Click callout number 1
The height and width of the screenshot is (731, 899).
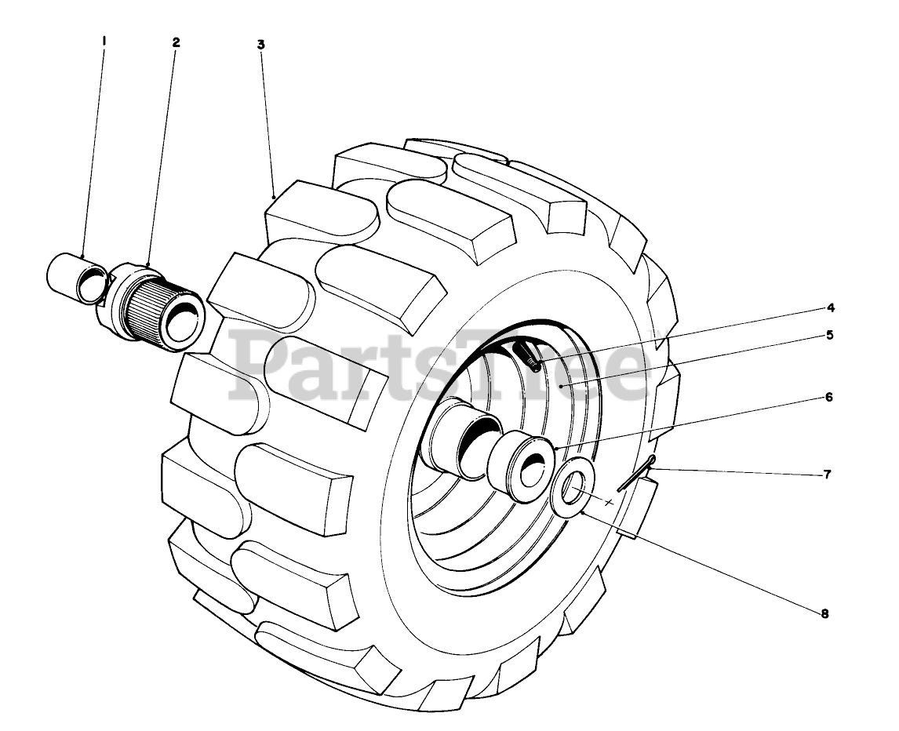tap(104, 37)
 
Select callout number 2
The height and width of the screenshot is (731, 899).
tap(176, 42)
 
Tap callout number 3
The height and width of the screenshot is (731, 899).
tap(260, 45)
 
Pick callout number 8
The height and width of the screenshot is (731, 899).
tap(824, 614)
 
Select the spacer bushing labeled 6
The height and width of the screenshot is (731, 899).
tap(519, 464)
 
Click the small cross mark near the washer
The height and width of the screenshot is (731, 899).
tap(610, 500)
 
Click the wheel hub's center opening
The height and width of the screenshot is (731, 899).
tap(475, 439)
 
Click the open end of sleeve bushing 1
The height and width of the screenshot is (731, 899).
tap(93, 283)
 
